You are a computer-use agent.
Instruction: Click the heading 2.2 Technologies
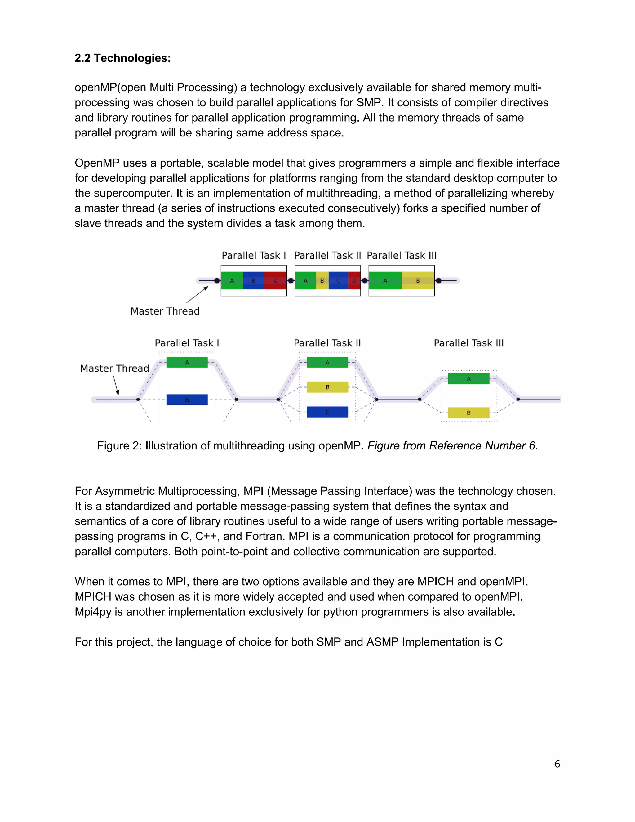point(123,58)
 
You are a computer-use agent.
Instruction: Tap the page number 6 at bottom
point(557,764)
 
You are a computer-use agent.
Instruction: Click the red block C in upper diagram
point(276,281)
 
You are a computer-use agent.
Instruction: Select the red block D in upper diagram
point(354,281)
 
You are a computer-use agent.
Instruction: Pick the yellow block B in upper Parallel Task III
point(418,281)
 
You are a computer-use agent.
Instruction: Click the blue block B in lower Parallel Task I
point(187,400)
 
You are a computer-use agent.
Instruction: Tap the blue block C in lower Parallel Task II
point(327,412)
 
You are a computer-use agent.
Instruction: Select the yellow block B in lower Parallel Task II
point(327,387)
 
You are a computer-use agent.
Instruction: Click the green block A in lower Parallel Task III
point(469,379)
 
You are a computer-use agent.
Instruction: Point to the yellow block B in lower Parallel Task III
point(469,413)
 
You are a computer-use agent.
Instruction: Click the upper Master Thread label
point(165,311)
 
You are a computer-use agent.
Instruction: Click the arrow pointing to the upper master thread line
point(198,294)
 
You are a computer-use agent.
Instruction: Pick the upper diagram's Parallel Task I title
point(254,256)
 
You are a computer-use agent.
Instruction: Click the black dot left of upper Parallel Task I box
point(217,281)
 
